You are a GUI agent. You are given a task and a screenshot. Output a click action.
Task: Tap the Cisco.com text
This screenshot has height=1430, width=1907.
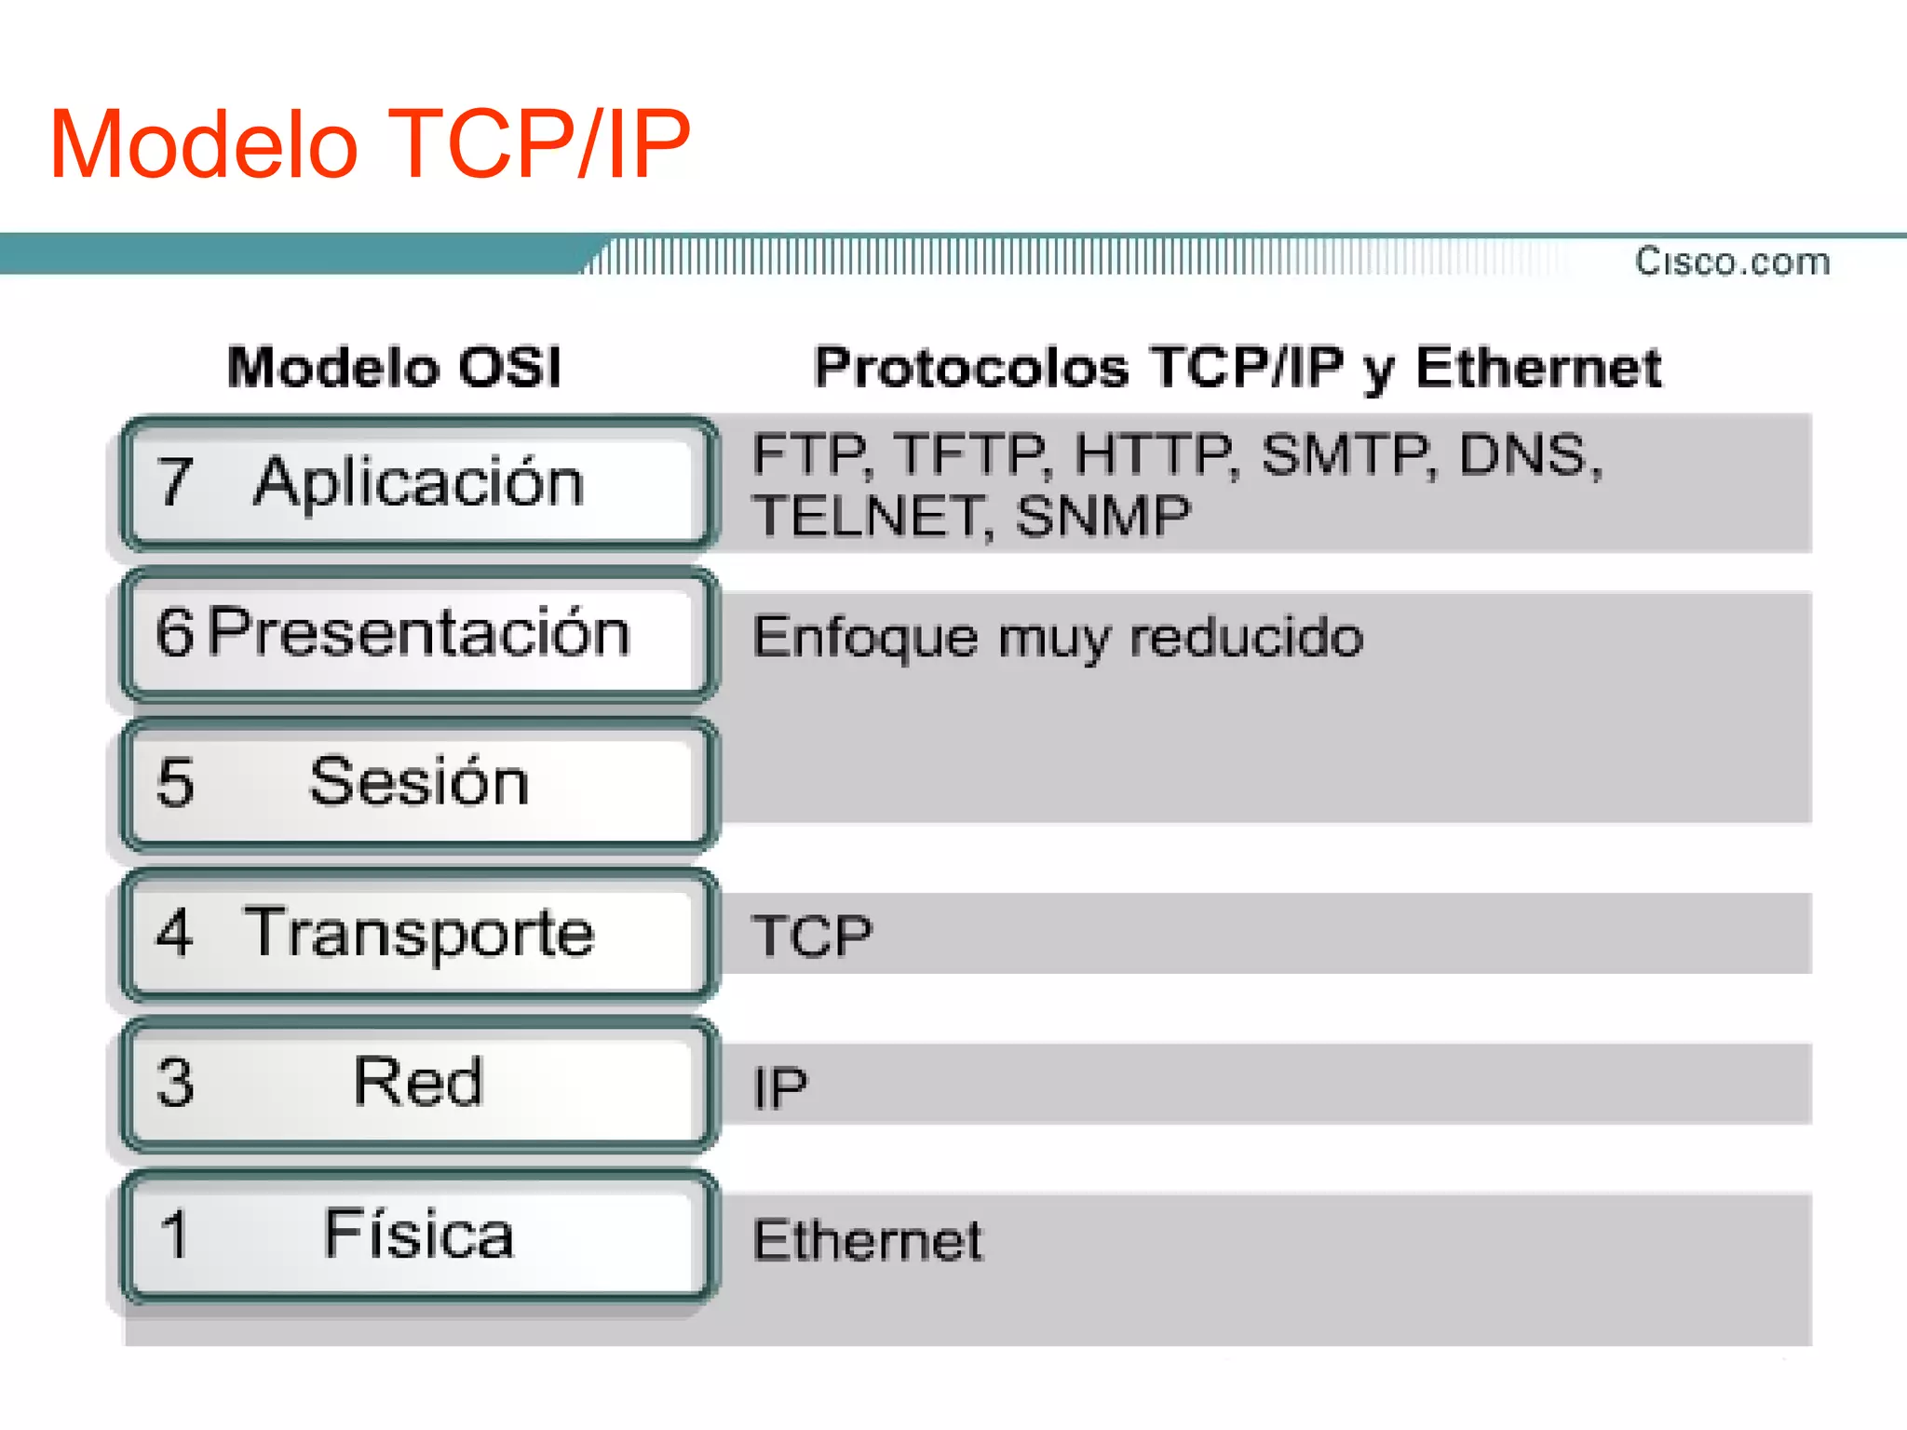(1732, 262)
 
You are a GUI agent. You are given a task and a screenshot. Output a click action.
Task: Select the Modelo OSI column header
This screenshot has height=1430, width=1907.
(395, 367)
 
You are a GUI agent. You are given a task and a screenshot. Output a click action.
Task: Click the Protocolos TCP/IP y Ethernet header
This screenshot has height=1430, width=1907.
(1238, 367)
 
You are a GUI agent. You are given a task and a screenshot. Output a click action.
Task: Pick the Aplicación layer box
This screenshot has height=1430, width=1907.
(419, 483)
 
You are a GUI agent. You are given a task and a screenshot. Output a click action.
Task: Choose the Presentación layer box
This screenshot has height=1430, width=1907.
(419, 633)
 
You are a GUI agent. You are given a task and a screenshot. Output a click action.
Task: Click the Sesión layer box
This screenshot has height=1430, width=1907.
(419, 783)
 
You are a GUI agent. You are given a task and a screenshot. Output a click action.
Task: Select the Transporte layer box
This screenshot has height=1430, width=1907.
(419, 934)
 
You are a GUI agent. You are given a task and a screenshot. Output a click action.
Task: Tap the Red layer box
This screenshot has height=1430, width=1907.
(419, 1084)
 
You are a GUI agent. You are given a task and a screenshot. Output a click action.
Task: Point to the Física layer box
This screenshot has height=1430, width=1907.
(419, 1234)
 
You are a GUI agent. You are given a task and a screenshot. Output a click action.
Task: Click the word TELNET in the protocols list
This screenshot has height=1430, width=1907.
(868, 517)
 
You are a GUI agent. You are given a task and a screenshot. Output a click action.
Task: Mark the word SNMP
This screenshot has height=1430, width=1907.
(1102, 517)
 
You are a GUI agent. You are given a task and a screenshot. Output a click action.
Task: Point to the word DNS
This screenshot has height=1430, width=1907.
(1527, 456)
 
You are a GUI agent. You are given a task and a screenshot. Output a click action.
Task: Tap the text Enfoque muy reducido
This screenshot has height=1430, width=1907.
(1058, 639)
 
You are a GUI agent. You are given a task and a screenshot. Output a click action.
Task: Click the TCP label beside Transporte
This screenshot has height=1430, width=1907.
(812, 936)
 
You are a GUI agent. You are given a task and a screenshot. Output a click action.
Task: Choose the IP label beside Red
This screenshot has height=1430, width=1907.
(780, 1087)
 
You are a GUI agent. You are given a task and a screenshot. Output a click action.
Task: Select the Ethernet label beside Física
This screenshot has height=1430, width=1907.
(867, 1240)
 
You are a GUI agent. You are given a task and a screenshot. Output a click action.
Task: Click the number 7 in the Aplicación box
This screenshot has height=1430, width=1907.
(175, 482)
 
